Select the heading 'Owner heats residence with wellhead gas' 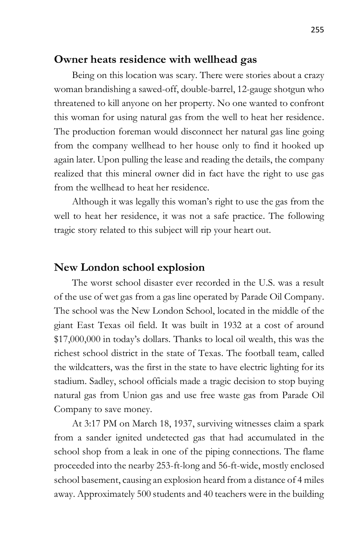(x=155, y=60)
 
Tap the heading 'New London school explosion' (x=129, y=267)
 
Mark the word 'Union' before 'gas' (x=135, y=395)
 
